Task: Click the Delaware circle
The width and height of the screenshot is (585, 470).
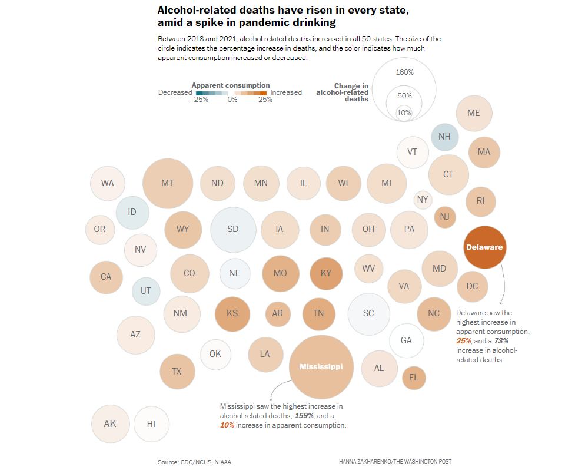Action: tap(484, 247)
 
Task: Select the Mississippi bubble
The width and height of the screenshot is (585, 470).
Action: tap(321, 366)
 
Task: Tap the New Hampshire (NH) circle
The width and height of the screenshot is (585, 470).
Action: tap(444, 137)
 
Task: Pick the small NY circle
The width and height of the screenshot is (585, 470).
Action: tap(423, 200)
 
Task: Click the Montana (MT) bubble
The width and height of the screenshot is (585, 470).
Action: tap(168, 183)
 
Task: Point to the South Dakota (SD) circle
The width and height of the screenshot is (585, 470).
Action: tap(233, 229)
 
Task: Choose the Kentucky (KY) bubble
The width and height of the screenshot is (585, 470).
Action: tap(326, 273)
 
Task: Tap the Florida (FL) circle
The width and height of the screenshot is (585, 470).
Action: tap(414, 378)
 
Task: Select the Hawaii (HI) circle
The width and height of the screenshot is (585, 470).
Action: tap(151, 423)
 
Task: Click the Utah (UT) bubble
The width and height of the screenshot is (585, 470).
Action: tap(145, 291)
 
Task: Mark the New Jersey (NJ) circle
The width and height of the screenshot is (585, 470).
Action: tap(444, 217)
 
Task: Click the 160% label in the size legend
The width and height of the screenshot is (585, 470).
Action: tap(405, 72)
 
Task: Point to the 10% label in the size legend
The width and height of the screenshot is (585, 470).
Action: tap(404, 113)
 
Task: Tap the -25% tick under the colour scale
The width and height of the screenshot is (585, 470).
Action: tap(200, 100)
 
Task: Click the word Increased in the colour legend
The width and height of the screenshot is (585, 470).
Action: tap(286, 92)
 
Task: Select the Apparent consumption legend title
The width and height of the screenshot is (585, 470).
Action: tap(231, 85)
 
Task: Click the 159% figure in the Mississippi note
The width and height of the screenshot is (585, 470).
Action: tap(304, 416)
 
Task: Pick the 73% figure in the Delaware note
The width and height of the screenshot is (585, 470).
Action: tap(501, 340)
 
